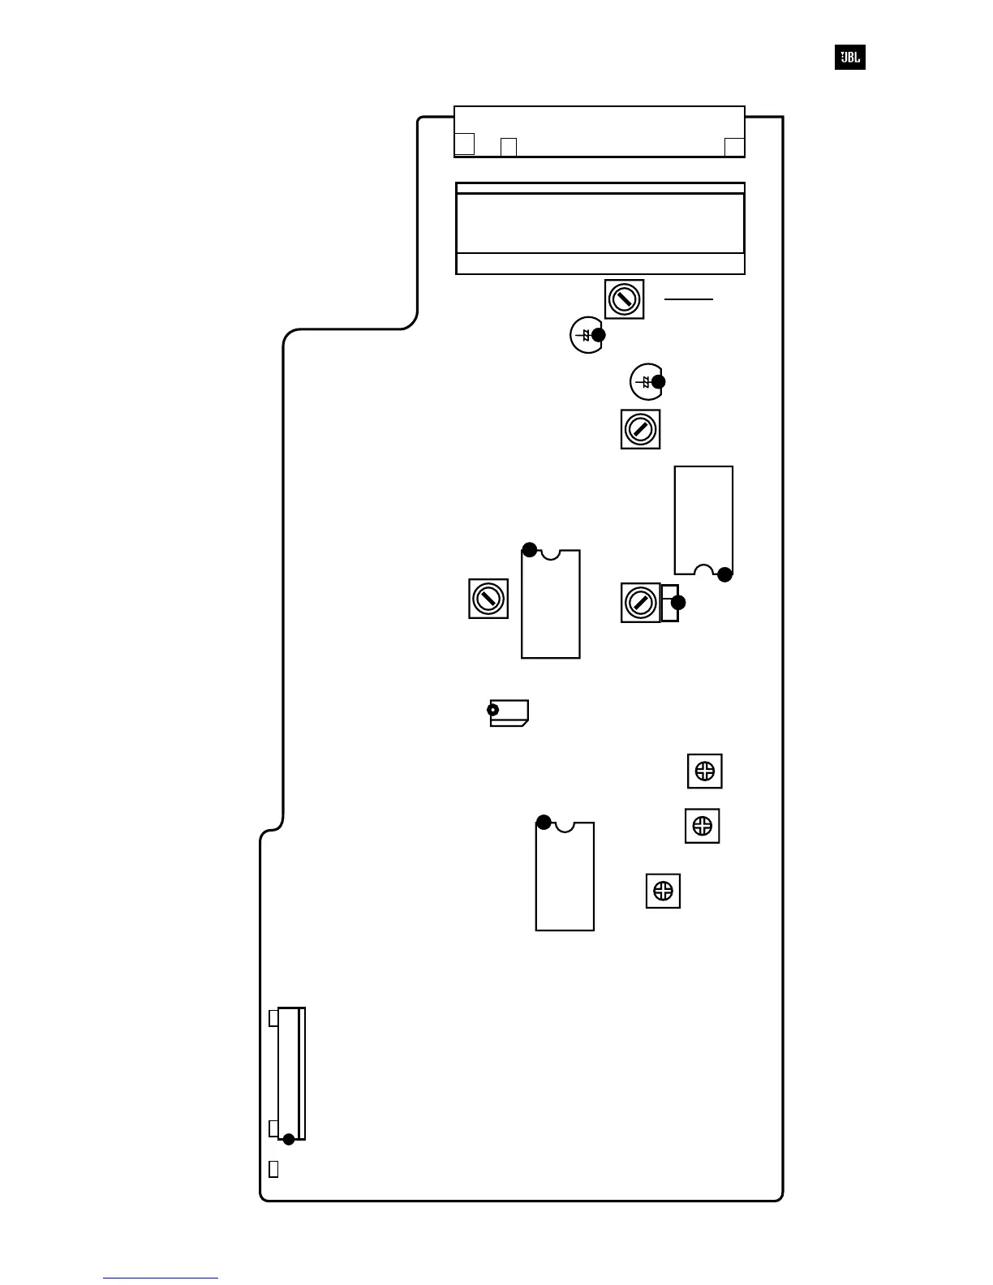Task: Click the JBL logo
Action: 849,58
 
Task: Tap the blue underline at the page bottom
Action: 161,1278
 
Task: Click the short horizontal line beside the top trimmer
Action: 689,299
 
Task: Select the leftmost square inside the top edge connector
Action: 464,144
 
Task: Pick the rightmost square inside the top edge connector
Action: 734,147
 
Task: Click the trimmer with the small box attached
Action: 641,603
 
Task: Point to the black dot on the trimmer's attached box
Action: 678,603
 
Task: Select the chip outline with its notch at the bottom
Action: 703,520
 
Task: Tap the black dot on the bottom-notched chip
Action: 724,574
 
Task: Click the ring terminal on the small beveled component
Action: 492,711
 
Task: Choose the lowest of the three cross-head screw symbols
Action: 663,891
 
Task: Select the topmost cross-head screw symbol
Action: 705,771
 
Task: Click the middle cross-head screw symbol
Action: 703,826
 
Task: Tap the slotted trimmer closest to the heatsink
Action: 624,299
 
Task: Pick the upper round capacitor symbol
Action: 587,335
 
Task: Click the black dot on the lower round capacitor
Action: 658,381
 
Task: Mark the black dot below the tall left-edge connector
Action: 288,1139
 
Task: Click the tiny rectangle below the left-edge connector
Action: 273,1169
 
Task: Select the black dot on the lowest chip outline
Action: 544,822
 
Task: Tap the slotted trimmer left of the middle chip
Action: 488,599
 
